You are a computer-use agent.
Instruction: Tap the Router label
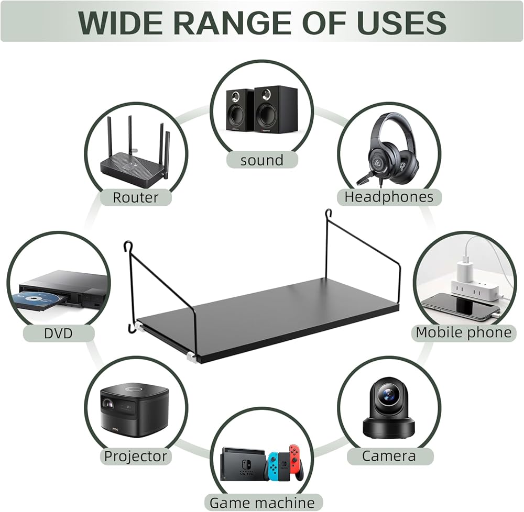135,197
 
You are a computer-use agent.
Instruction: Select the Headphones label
389,197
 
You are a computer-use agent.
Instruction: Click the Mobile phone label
463,332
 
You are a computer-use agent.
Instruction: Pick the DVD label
58,332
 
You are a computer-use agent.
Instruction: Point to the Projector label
136,456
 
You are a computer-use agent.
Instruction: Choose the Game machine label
262,503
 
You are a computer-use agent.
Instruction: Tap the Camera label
389,456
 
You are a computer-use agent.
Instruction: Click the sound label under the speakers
261,160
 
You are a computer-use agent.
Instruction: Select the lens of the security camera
388,395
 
